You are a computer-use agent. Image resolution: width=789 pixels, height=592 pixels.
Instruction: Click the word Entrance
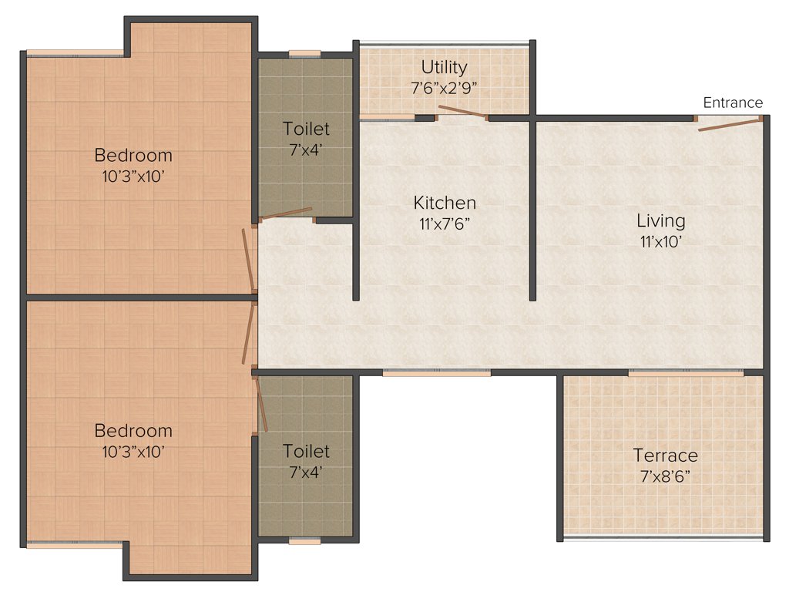click(x=733, y=103)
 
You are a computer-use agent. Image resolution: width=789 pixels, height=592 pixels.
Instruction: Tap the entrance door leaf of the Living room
click(x=729, y=124)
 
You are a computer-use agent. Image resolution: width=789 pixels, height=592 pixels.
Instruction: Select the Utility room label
click(x=444, y=67)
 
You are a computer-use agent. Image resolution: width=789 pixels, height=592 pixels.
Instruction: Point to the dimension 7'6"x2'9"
click(x=445, y=87)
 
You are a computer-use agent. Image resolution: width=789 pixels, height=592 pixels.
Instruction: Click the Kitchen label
click(x=445, y=203)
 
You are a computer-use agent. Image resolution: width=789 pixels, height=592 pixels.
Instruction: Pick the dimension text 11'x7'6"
click(x=445, y=224)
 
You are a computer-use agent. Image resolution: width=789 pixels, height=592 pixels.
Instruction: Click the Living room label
click(x=660, y=221)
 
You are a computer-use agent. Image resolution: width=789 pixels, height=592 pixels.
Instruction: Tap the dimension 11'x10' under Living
click(x=660, y=241)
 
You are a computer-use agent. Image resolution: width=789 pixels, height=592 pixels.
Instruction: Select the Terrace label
click(x=665, y=456)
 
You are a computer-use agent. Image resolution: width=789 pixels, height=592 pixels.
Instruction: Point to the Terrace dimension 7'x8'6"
click(x=665, y=476)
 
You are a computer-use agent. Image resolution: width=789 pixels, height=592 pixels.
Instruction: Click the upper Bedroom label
click(x=133, y=155)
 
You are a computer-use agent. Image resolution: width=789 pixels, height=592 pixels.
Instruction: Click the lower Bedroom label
click(x=133, y=431)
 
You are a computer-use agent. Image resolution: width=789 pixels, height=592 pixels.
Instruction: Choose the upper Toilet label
click(x=306, y=129)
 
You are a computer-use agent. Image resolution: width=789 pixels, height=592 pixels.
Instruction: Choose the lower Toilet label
click(x=306, y=451)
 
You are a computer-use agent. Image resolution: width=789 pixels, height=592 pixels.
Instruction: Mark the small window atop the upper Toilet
click(x=305, y=54)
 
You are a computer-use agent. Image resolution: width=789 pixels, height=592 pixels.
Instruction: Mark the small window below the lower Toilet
click(x=305, y=541)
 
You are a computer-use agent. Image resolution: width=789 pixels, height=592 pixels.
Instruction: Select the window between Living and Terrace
click(x=686, y=373)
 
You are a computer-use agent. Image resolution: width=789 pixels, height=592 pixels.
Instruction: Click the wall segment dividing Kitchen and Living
click(x=532, y=208)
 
